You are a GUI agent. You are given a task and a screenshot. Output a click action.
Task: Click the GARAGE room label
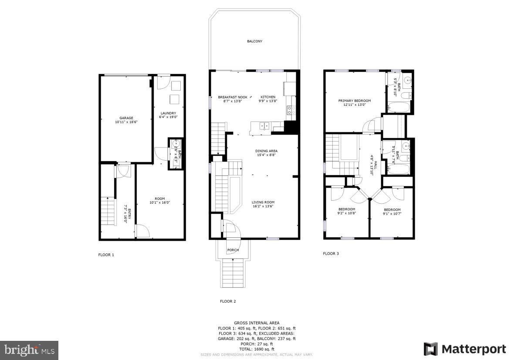(126, 118)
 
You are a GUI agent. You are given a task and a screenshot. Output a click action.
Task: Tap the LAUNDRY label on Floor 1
(168, 113)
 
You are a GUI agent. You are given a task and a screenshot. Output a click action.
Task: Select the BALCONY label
(255, 41)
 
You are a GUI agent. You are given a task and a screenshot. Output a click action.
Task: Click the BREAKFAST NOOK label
(233, 97)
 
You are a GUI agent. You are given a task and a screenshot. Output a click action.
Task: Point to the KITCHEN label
(268, 97)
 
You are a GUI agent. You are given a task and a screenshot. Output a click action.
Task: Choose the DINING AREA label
(266, 151)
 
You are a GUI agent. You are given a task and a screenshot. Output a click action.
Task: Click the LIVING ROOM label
(263, 202)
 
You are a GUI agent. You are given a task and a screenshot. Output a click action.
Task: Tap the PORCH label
(233, 250)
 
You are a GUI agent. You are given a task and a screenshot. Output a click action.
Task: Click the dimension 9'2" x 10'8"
(347, 213)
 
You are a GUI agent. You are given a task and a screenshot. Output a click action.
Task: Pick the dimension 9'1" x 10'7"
(392, 213)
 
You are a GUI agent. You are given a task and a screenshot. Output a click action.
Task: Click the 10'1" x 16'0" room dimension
(159, 202)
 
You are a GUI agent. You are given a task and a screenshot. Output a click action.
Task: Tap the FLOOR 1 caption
(106, 255)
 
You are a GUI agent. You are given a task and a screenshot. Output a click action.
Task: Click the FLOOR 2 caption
(228, 301)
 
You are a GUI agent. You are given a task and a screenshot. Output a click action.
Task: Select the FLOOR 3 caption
(331, 253)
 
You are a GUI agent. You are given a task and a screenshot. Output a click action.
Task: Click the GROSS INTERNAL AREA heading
(257, 323)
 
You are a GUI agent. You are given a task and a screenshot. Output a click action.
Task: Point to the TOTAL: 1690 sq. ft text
(257, 349)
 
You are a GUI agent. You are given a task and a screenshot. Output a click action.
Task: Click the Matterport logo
(465, 349)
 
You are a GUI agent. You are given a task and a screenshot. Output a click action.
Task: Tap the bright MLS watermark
(29, 350)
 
